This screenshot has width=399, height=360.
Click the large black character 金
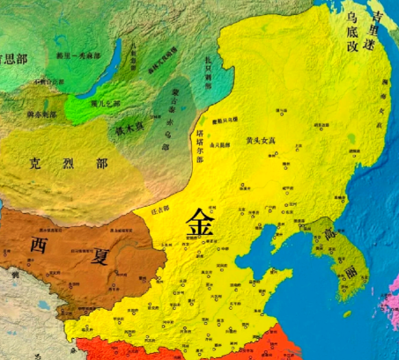pos(199,224)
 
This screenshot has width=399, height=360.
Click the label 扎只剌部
pos(204,64)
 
